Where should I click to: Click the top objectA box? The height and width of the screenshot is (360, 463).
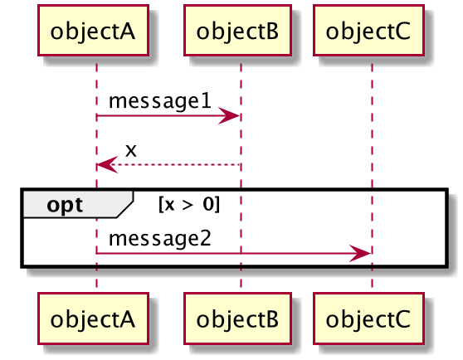point(93,30)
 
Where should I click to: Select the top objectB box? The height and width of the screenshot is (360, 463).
point(237,30)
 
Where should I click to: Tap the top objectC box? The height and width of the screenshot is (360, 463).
point(368,30)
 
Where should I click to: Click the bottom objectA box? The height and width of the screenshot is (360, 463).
point(93,319)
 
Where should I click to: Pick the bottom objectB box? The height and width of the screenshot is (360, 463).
point(237,319)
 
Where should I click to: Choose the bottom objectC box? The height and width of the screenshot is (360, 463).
point(368,319)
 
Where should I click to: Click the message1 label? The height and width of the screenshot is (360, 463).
point(160,101)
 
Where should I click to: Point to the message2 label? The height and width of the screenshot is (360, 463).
point(160,239)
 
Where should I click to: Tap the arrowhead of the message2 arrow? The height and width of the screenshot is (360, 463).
point(360,253)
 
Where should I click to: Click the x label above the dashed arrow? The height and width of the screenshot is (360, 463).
point(131,150)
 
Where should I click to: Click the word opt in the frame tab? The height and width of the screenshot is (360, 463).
point(65,205)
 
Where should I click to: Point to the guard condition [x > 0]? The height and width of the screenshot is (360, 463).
point(189,204)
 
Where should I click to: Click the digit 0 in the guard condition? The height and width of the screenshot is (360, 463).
point(208,203)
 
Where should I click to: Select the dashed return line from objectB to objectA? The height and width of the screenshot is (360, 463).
point(168,165)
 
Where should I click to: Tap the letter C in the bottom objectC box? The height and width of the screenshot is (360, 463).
point(402,319)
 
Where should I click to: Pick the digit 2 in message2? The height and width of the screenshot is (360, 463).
point(206,239)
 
